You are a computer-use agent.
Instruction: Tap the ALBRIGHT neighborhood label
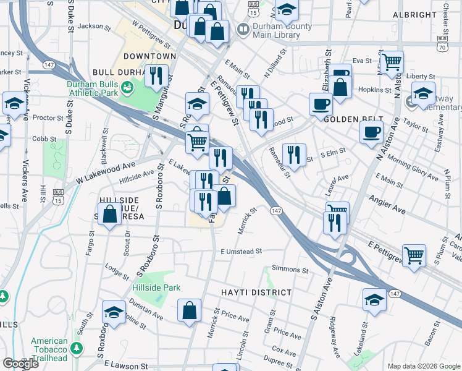[411, 14]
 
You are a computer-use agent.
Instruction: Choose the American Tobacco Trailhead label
[49, 345]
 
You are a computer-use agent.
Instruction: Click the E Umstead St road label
[241, 252]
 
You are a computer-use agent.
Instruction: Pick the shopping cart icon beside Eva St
[392, 62]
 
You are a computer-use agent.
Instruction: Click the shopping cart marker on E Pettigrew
[414, 255]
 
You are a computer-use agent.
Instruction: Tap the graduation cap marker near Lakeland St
[374, 299]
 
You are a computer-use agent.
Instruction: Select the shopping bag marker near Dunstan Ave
[190, 310]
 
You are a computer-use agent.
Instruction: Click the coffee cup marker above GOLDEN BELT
[320, 104]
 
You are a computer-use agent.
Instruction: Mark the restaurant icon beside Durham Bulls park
[156, 75]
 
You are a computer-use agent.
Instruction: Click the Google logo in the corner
[21, 364]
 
